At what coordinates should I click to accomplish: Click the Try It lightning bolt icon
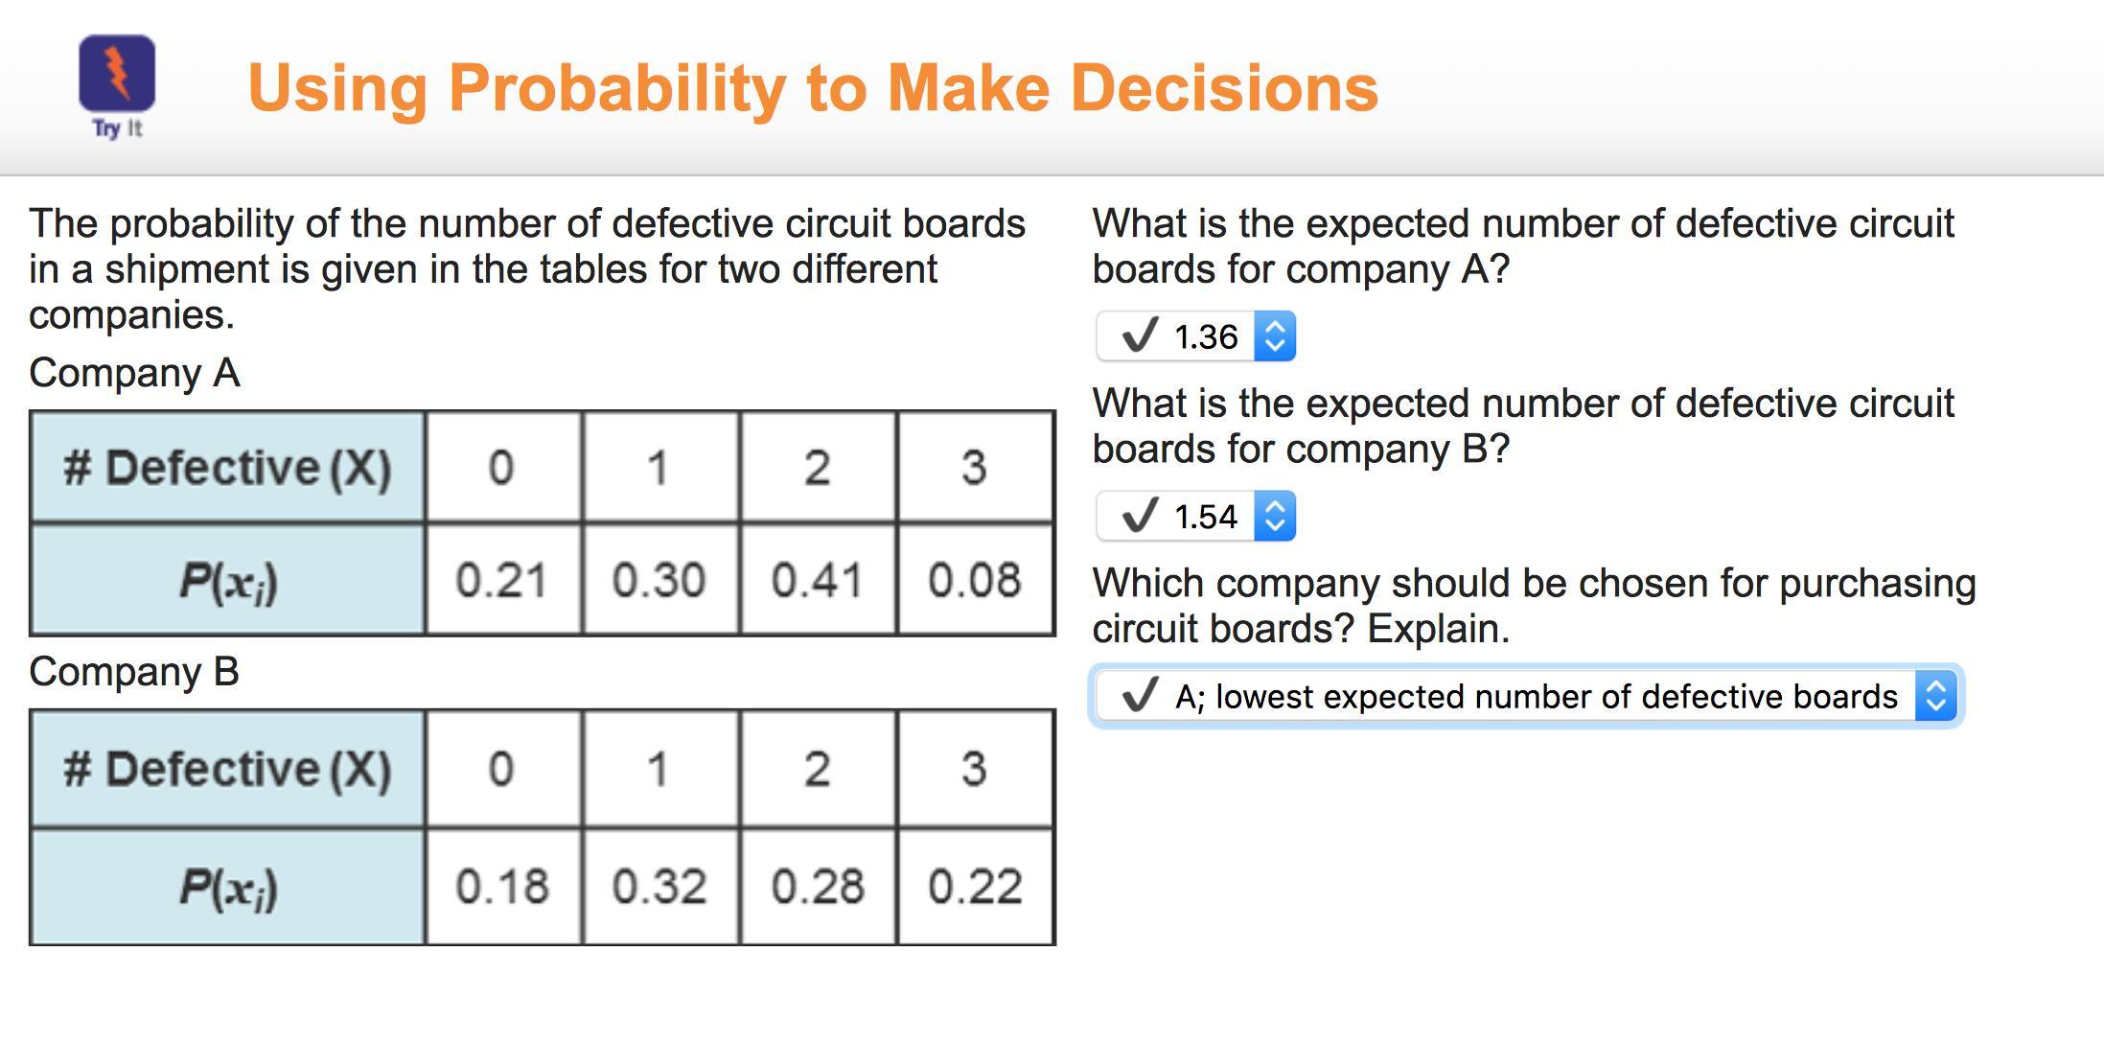(117, 73)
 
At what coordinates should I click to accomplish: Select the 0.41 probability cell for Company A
(818, 580)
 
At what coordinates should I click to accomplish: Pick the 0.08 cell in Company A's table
(975, 580)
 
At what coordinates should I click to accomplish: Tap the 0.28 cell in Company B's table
(818, 887)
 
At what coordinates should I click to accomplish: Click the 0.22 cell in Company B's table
(975, 887)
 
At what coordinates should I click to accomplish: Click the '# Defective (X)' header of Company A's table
(227, 468)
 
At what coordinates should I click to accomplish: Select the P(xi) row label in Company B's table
(227, 887)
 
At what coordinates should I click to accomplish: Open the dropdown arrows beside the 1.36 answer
(1275, 336)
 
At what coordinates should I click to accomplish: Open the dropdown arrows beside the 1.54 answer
(1275, 517)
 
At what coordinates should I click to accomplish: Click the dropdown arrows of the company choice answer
(1935, 696)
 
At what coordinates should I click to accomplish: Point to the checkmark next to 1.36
(1140, 335)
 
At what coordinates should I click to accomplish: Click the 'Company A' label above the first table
(134, 373)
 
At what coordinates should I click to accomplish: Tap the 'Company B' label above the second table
(134, 672)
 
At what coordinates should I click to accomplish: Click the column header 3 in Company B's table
(975, 769)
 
